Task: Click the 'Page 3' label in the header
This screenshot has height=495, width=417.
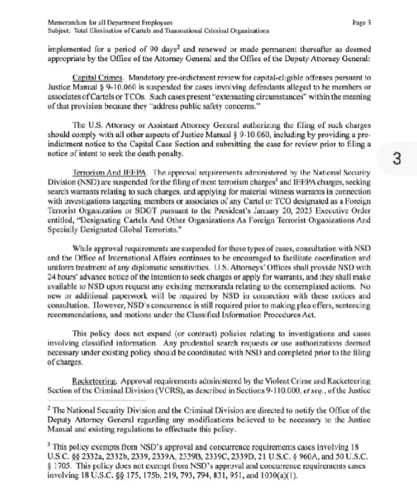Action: tap(362, 22)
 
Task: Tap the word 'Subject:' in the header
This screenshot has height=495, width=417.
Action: tap(60, 30)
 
